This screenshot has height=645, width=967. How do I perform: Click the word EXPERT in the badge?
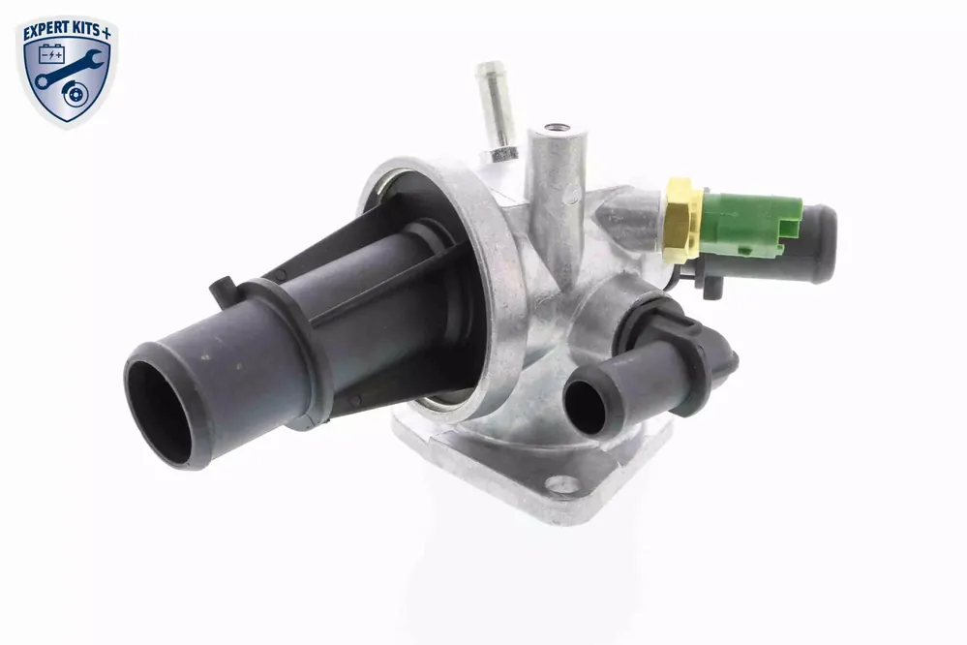point(45,32)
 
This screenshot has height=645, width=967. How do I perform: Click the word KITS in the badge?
point(85,31)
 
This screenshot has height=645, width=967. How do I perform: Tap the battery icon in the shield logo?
point(51,55)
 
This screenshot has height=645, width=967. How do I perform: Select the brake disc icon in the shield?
point(76,95)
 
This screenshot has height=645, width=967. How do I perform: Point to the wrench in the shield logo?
point(68,70)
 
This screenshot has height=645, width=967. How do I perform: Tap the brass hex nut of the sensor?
point(682,220)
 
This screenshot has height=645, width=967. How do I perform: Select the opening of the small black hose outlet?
point(585,407)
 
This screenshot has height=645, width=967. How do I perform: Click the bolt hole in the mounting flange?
point(562,484)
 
